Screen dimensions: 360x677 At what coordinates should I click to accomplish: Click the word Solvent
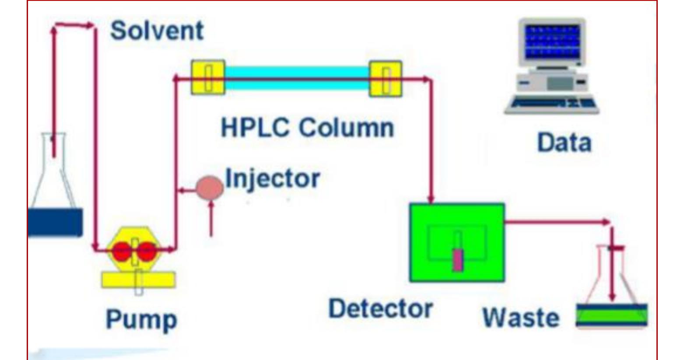[x=157, y=31]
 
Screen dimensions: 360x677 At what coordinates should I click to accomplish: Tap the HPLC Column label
[x=307, y=127]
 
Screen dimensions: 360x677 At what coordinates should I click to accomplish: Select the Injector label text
[x=272, y=178]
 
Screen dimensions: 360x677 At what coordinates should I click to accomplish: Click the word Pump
[x=141, y=319]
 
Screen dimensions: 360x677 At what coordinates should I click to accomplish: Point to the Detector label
[x=380, y=308]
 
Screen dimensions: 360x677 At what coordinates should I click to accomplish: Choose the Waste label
[x=520, y=317]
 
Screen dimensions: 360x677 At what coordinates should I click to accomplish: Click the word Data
[x=564, y=143]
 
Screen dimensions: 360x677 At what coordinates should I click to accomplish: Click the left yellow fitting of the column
[x=208, y=77]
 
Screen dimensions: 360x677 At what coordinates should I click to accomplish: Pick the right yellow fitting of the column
[x=386, y=79]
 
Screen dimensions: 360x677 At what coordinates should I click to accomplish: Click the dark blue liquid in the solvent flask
[x=54, y=222]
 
